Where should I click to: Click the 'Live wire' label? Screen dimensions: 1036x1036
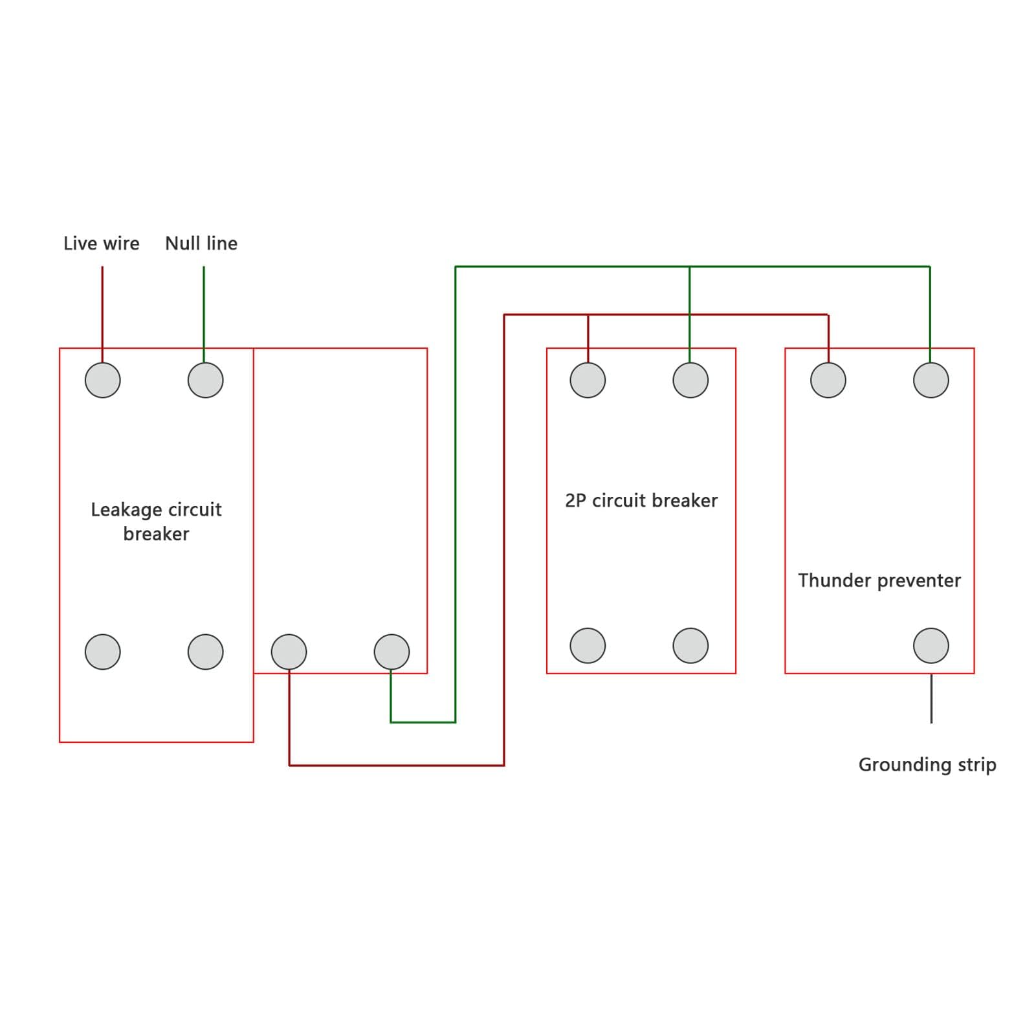point(102,243)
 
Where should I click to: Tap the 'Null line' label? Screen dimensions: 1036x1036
point(201,243)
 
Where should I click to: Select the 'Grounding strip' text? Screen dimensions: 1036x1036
point(927,765)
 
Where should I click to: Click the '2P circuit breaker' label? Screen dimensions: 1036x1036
point(641,500)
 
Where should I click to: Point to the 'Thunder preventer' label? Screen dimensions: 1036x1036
point(879,580)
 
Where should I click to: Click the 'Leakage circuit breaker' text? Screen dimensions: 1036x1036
point(156,522)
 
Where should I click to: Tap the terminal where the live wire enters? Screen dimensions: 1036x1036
point(103,380)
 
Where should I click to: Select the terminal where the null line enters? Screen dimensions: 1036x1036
point(206,380)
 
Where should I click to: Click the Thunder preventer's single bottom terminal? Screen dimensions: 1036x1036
point(931,645)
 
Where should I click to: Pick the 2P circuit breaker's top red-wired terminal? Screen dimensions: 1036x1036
point(588,380)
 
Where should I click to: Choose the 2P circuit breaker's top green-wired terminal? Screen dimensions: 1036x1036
point(690,380)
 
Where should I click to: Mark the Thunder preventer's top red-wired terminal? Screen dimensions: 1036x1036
point(828,380)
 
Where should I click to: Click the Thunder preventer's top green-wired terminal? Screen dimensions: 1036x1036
point(931,380)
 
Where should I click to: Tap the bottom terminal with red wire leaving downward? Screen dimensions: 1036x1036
point(289,652)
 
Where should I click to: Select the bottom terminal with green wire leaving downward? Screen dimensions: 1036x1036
point(392,652)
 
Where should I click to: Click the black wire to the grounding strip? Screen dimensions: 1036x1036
point(931,698)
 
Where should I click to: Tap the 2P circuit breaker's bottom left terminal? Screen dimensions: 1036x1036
point(588,645)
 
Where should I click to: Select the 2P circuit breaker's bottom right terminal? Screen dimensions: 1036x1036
point(690,645)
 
